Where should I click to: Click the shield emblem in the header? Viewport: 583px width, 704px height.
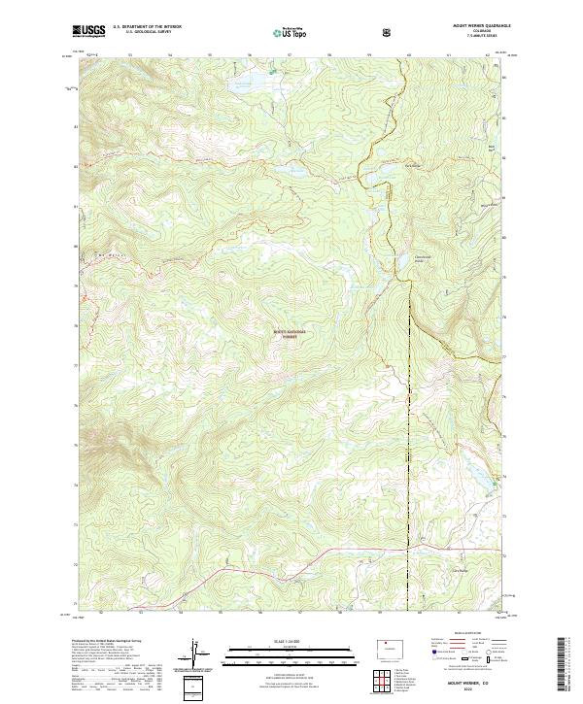point(389,32)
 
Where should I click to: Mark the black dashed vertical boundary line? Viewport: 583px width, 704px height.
point(409,437)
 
